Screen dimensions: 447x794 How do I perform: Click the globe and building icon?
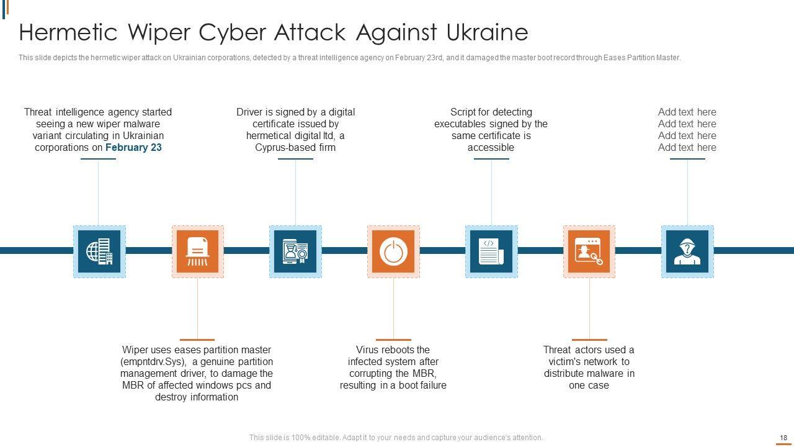tap(99, 251)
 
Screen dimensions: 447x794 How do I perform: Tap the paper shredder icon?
tap(197, 251)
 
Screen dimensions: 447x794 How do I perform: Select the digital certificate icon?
tap(295, 251)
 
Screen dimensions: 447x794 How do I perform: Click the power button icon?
tap(393, 251)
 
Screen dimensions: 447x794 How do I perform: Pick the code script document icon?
tap(491, 251)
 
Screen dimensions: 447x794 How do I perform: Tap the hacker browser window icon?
tap(589, 251)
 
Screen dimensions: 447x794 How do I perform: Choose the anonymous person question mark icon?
tap(687, 251)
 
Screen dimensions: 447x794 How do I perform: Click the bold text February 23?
tap(133, 148)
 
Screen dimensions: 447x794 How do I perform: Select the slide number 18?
tap(783, 438)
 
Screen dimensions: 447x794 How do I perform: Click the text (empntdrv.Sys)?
tap(153, 362)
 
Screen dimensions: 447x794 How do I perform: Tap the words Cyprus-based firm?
tap(295, 148)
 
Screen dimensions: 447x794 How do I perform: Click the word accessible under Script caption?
tap(491, 148)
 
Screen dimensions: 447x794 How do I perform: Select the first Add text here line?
tap(687, 112)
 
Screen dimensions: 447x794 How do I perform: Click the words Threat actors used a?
tap(589, 350)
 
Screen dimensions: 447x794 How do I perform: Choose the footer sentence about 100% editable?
tap(396, 438)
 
